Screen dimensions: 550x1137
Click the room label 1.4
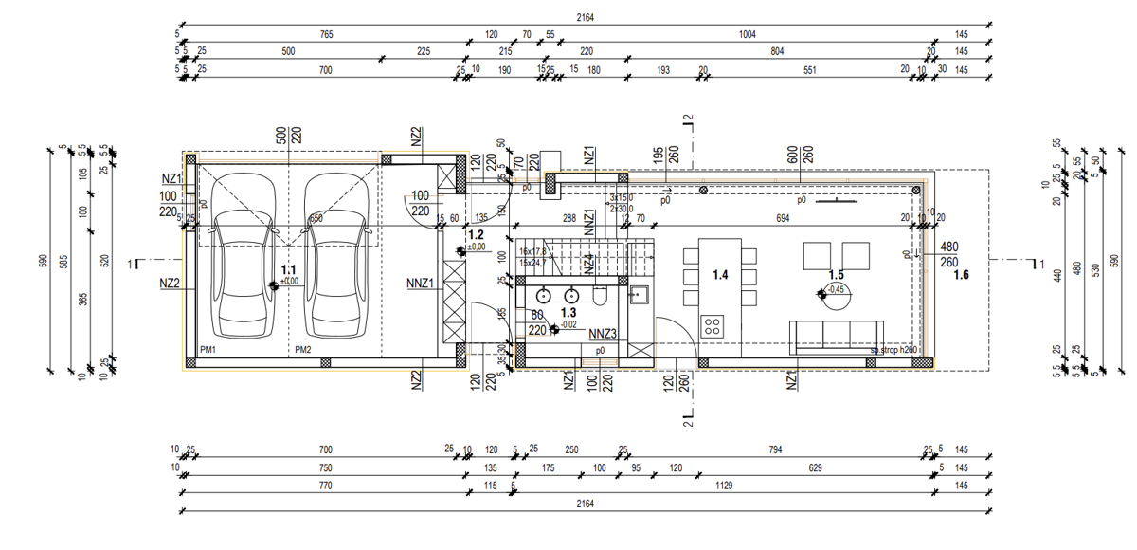click(x=720, y=276)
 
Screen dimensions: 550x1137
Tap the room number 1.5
click(x=836, y=276)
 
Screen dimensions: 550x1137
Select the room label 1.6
click(x=961, y=276)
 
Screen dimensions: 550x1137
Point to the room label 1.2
click(x=477, y=234)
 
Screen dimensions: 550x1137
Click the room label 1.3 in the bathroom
click(x=569, y=312)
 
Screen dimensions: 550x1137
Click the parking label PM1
click(x=208, y=350)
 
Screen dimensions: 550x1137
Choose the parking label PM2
click(x=302, y=350)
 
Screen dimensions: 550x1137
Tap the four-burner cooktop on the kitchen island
click(x=712, y=326)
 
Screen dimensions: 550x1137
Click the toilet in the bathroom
click(x=601, y=297)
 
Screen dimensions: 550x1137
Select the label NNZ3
click(x=603, y=333)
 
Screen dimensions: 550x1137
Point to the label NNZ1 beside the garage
click(x=420, y=282)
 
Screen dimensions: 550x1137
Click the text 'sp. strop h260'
click(x=893, y=351)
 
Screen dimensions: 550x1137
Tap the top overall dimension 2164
click(x=585, y=17)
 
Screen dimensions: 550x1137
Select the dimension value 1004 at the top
click(x=748, y=35)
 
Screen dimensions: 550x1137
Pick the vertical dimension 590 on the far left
click(x=42, y=262)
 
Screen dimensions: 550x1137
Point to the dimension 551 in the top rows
click(x=809, y=70)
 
